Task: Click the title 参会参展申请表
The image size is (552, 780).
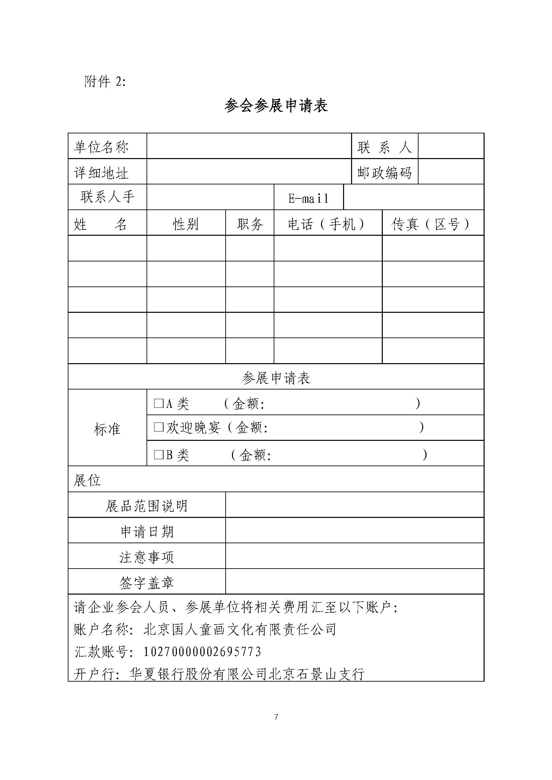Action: tap(276, 106)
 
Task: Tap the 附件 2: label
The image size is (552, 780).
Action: tap(105, 81)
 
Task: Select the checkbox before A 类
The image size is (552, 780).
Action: tap(159, 403)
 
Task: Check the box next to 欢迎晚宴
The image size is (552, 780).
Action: tap(159, 427)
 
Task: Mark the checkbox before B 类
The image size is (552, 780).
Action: tap(159, 455)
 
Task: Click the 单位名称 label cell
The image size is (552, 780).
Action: tap(101, 147)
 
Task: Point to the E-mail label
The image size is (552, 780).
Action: tap(308, 198)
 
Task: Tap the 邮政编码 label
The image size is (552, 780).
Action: tap(384, 173)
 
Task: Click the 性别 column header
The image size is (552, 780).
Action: tap(186, 224)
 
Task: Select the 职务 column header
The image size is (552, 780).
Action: tap(250, 224)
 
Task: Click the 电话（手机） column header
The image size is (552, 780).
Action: tap(327, 224)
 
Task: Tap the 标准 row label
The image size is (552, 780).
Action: tap(107, 429)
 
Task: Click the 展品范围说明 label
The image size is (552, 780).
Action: tap(147, 506)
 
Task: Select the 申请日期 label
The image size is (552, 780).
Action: tap(147, 531)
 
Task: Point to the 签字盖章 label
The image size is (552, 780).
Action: tap(147, 583)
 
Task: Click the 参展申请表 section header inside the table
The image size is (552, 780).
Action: tap(276, 378)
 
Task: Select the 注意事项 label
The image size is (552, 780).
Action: tap(147, 557)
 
